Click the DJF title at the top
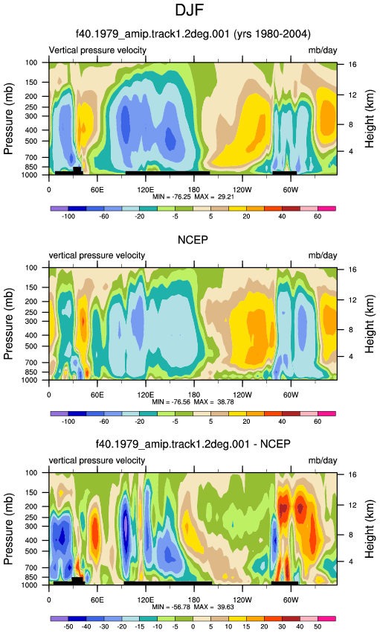pos(189,10)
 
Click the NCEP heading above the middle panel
pos(193,240)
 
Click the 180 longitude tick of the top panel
pos(194,190)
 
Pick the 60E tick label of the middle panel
pos(97,395)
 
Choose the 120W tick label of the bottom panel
pos(242,600)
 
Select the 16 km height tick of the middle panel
pos(352,270)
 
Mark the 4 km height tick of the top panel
pos(350,151)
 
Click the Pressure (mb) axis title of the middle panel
pos(8,324)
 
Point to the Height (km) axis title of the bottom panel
pos(370,529)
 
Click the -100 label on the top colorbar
pos(68,217)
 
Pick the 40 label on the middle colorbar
pos(282,422)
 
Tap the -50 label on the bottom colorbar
pos(68,626)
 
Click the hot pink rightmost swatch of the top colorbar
pos(326,209)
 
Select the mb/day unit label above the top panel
pos(323,51)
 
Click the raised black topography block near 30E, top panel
pos(77,170)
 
